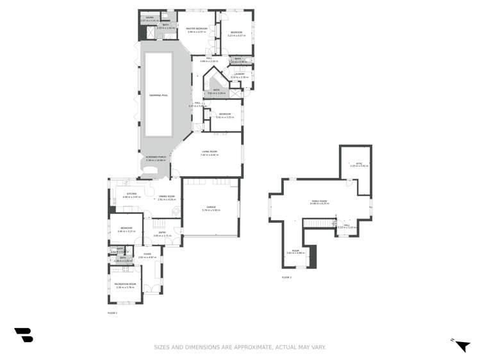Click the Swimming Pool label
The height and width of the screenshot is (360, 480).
[x=158, y=95]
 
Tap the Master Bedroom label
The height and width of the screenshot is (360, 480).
[x=196, y=29]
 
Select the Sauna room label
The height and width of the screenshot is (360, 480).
[x=149, y=19]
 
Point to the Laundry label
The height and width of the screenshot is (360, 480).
[x=239, y=74]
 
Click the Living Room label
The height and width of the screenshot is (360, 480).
[x=209, y=152]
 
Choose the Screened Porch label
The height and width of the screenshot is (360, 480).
[x=156, y=157]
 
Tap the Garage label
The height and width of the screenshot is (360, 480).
[x=211, y=208]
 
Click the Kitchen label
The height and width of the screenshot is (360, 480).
[x=131, y=194]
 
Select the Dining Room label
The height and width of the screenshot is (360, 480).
[x=167, y=197]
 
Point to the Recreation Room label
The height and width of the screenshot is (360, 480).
[x=126, y=284]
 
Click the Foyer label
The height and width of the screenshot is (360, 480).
[x=147, y=254]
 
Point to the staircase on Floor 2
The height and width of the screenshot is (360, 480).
[x=315, y=222]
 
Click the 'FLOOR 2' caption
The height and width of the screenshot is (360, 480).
[x=286, y=277]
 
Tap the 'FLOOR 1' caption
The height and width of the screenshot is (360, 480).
[x=112, y=313]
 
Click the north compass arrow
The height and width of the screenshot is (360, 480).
[x=462, y=346]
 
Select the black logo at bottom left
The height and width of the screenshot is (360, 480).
[x=24, y=335]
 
